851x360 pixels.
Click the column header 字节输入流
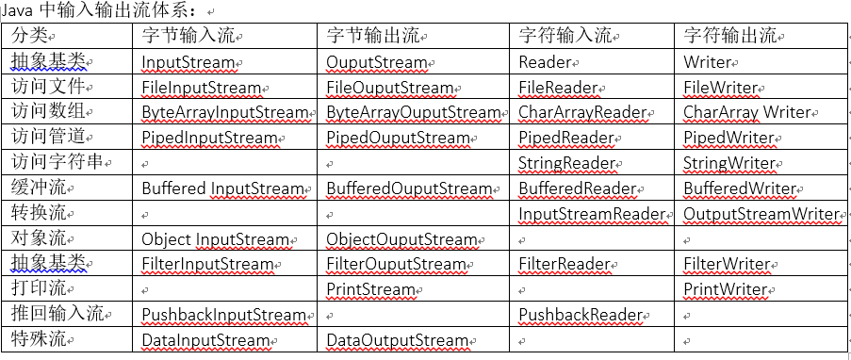point(188,36)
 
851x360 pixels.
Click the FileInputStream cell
point(201,88)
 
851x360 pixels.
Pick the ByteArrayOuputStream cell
point(413,113)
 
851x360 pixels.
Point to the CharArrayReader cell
point(582,113)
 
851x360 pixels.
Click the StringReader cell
point(567,163)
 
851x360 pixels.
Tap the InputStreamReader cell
point(593,214)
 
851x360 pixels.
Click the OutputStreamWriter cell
point(761,214)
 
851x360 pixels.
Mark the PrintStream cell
point(370,289)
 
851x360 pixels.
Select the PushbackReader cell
point(580,315)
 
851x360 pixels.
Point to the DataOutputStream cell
point(397,340)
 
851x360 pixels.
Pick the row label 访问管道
point(49,138)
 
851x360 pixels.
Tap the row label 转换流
point(40,213)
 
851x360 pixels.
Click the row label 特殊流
point(40,339)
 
